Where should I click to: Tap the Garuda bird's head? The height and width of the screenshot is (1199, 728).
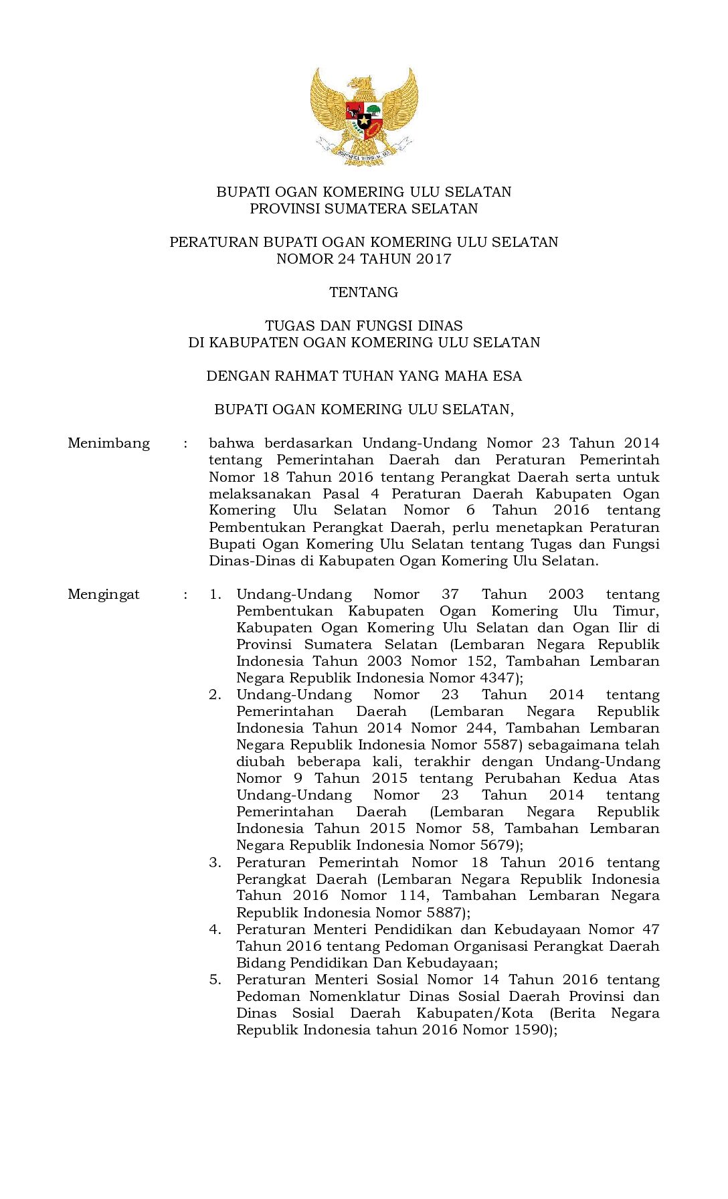tap(362, 83)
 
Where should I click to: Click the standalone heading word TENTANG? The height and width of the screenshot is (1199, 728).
tap(363, 292)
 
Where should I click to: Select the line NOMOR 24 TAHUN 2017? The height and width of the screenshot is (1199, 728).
tap(363, 259)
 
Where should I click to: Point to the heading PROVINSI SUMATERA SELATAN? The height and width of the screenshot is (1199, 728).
tap(363, 209)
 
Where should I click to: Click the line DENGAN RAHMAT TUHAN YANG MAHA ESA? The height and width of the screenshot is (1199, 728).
tap(363, 376)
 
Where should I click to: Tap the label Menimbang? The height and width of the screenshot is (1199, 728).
tap(108, 444)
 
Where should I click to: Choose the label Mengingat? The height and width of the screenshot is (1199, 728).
tap(104, 594)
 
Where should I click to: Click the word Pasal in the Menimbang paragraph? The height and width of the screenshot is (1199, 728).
tap(341, 494)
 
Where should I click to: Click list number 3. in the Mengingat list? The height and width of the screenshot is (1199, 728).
tap(215, 862)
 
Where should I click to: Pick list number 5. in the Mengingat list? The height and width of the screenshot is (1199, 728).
tap(215, 980)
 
